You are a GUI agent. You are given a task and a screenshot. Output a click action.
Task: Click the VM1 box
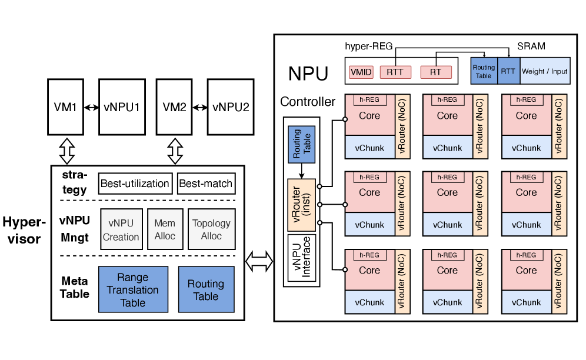[x=65, y=108]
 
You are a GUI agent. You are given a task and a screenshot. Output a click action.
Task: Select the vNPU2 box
[x=230, y=108]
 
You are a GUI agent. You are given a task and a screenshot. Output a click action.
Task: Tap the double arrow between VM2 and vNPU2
[x=201, y=108]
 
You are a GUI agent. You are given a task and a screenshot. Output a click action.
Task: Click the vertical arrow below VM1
[x=67, y=151]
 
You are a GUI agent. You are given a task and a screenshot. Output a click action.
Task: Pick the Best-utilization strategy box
[x=135, y=184]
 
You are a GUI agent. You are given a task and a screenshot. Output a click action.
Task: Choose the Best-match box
[x=206, y=184]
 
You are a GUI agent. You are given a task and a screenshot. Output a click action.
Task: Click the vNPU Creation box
[x=121, y=229]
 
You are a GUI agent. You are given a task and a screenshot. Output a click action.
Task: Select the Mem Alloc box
[x=165, y=229]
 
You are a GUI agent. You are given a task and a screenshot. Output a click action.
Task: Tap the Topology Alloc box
[x=211, y=229]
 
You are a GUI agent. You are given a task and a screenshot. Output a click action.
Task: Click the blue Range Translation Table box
[x=132, y=290]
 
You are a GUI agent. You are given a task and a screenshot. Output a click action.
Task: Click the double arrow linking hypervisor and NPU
[x=259, y=261]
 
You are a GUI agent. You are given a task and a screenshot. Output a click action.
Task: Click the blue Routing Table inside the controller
[x=301, y=144]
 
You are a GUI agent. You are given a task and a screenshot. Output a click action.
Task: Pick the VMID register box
[x=361, y=72]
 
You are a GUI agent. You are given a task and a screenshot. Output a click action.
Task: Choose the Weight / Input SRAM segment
[x=545, y=71]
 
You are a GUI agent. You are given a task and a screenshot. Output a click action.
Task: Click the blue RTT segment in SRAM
[x=508, y=71]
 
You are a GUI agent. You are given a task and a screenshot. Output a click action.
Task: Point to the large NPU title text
[x=308, y=74]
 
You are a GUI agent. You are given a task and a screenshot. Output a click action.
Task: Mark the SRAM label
[x=531, y=46]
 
